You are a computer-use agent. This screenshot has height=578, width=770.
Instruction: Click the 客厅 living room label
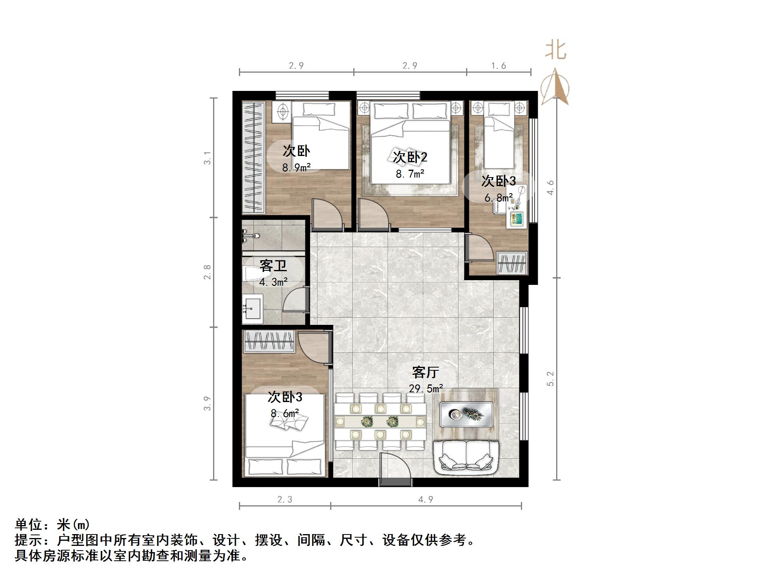pos(425,372)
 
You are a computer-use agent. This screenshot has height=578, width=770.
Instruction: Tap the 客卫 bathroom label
pos(273,266)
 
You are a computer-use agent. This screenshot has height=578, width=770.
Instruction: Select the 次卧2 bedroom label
pos(410,158)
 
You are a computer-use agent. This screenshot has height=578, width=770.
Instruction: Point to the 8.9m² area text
pos(296,168)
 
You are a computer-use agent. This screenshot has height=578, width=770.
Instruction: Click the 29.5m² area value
pos(426,389)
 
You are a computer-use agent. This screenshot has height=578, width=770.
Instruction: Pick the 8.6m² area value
pos(285,413)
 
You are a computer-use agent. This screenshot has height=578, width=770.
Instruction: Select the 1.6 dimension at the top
pos(499,66)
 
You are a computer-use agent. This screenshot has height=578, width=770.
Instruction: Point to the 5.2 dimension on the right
pos(551,379)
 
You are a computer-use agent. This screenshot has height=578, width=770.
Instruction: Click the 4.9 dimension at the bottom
pos(425,500)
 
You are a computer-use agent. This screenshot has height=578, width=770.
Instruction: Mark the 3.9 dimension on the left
pos(207,403)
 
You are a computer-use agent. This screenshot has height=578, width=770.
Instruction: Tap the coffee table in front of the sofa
pos(466,414)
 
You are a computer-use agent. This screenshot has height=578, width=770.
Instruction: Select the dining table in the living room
pos(380,422)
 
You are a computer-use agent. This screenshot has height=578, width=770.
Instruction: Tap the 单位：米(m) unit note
pos(52,524)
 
